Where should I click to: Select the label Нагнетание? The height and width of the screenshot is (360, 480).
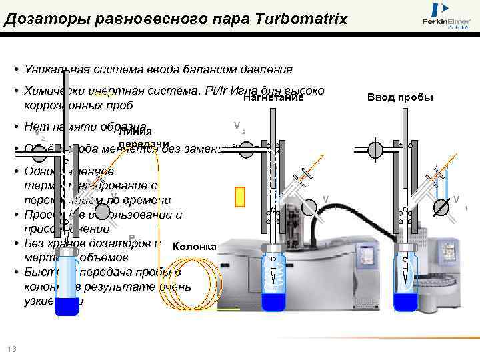coord(273,98)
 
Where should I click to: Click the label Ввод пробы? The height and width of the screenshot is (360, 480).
coord(400,97)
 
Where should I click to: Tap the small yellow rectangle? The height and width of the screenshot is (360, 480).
coord(240,197)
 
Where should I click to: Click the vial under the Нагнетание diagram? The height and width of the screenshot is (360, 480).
coord(273,270)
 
